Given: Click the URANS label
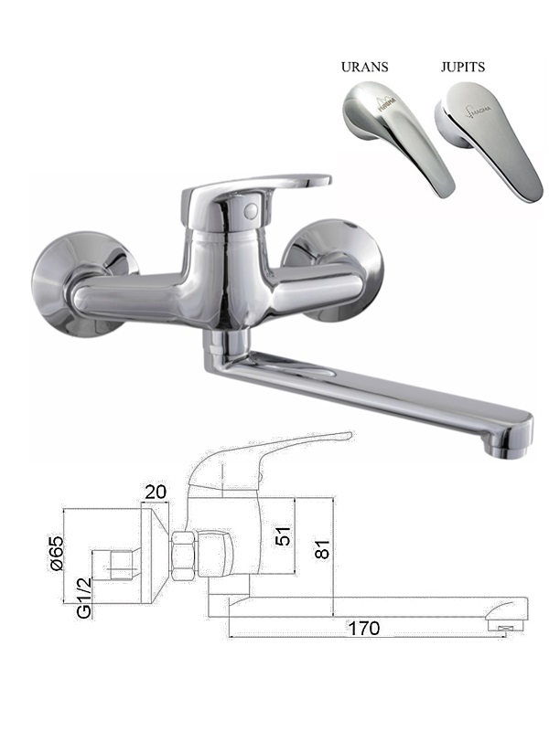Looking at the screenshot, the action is (364, 67).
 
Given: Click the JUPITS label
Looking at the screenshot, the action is (463, 67).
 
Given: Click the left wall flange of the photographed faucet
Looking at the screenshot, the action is (80, 283).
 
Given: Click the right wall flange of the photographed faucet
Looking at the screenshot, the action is (336, 270).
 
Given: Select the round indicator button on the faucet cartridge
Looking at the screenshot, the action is (251, 211).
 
